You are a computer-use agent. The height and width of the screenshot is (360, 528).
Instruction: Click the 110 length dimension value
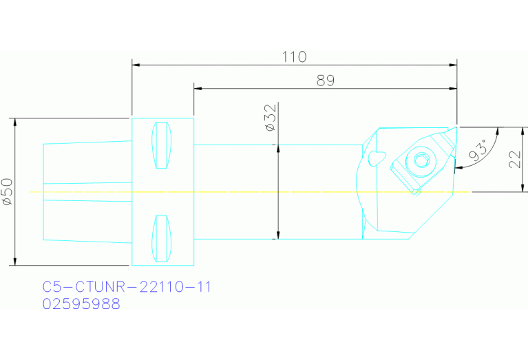point(295,56)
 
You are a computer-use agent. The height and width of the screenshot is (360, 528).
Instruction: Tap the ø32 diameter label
point(269,118)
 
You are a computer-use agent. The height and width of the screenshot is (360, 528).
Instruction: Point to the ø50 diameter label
point(7,192)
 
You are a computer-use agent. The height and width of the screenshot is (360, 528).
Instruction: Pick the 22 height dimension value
point(514,160)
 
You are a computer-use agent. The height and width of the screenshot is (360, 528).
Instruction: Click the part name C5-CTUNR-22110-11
point(127,287)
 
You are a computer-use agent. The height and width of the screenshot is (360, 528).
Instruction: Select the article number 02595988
point(81,304)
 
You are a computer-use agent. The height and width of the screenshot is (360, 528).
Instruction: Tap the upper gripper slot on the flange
point(161,145)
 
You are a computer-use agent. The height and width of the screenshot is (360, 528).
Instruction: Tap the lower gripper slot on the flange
point(161,238)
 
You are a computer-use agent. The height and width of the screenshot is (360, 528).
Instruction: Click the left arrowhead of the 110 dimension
point(136,65)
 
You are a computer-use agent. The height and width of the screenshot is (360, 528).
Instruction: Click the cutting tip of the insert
point(456,127)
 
